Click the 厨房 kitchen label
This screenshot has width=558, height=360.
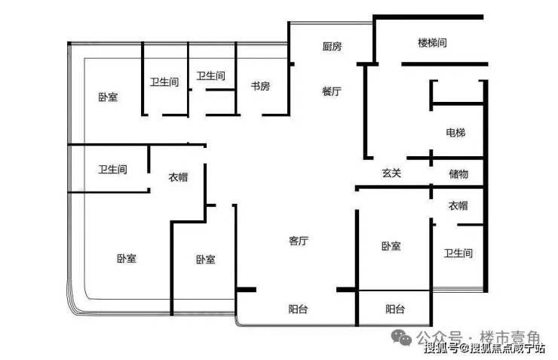pos(332,47)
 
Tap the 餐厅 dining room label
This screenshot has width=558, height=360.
pos(332,91)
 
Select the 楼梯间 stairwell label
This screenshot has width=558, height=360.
pos(432,43)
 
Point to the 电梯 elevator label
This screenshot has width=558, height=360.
pos(455,134)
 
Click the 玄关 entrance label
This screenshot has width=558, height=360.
pos(391,174)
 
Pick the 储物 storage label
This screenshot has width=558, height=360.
pos(458,174)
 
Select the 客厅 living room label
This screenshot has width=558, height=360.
pos(299,242)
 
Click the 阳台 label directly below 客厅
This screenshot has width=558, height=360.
pos(299,309)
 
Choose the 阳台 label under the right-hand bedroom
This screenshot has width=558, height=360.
pos(395,309)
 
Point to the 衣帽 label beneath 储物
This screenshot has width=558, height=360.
pos(458,206)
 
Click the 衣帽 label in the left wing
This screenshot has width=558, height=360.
pos(178,177)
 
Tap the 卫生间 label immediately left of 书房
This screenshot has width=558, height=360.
pos(210,76)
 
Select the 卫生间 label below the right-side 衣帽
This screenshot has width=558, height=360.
pos(458,254)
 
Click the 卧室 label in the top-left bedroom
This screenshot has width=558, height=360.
pos(108,97)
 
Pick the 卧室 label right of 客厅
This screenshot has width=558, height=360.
pos(391,247)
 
